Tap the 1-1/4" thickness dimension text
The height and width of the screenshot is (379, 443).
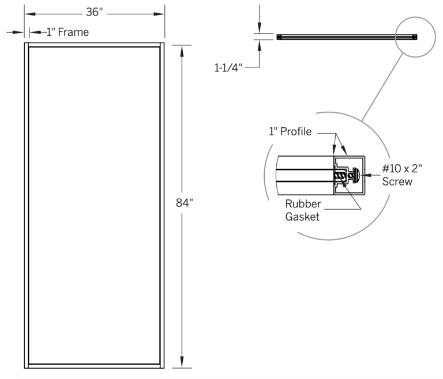point(228,67)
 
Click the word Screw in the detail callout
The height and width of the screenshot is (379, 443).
point(397,182)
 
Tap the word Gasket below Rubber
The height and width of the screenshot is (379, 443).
point(303,217)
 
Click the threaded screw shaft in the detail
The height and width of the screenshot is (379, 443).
point(343,175)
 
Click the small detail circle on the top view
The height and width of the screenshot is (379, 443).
point(416,37)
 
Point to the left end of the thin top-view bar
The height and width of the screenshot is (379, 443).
point(279,37)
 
